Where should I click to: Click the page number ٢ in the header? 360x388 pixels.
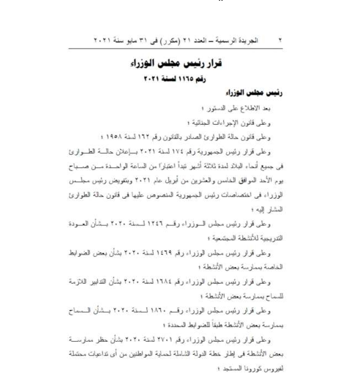280,41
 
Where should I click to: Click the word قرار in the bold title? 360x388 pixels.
213,63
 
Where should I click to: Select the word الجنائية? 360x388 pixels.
198,123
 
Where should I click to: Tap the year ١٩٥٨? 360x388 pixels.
112,137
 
